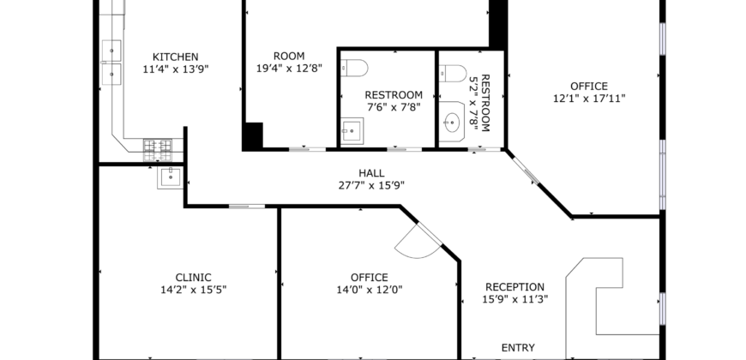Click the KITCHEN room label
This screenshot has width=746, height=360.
pos(176,57)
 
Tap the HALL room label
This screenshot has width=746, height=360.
pos(371,174)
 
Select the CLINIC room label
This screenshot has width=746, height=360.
pos(193,278)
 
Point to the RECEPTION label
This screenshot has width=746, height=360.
pos(514,287)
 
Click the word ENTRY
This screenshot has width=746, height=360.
pos(518,348)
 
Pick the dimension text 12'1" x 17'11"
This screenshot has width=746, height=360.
pos(589,99)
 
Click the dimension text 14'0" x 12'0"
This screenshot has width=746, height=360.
pos(370,290)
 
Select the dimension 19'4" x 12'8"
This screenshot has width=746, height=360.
pos(289,69)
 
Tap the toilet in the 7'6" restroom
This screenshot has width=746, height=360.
pos(354,68)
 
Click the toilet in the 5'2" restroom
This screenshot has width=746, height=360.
pos(453,74)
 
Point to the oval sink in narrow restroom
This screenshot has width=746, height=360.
pos(452,123)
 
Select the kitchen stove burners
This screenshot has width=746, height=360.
pos(158,150)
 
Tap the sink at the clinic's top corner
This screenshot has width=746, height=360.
pos(171,177)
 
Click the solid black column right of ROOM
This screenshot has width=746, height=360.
pos(497,24)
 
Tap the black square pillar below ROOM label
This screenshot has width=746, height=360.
pos(253,136)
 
